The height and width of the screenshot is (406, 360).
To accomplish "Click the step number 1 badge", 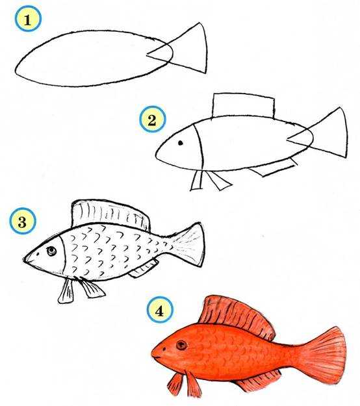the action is click(x=28, y=19).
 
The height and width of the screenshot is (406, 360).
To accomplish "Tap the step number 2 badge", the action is click(x=152, y=120).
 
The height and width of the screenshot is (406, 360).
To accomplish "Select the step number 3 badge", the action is click(x=22, y=222).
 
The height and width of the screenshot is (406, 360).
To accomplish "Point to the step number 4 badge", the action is click(x=160, y=310).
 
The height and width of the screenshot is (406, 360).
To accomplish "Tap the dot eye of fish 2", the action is click(x=181, y=143).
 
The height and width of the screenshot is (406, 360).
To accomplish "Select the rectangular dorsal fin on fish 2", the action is click(x=244, y=106).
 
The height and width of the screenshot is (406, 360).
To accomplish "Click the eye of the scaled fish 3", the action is click(x=51, y=251).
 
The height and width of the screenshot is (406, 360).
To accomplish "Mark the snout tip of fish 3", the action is click(x=24, y=259).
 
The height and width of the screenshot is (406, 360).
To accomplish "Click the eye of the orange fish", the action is click(x=181, y=345).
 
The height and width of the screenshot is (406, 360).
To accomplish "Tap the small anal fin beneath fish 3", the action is click(x=144, y=270).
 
